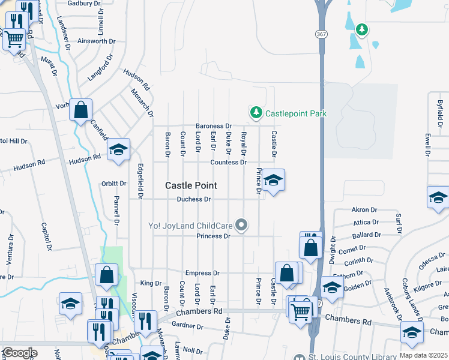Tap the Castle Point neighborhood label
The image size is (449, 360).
[191, 186]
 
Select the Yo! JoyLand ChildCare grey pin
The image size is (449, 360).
[242, 226]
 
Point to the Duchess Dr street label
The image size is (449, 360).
[194, 199]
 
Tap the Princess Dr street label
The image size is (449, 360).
[214, 236]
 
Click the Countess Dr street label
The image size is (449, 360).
[228, 163]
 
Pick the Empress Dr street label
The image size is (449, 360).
[202, 273]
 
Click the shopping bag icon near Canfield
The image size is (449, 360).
[80, 110]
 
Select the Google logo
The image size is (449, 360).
[20, 353]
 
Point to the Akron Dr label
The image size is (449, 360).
[364, 210]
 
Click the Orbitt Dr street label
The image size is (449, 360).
[113, 184]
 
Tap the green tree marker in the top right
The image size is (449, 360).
[361, 29]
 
